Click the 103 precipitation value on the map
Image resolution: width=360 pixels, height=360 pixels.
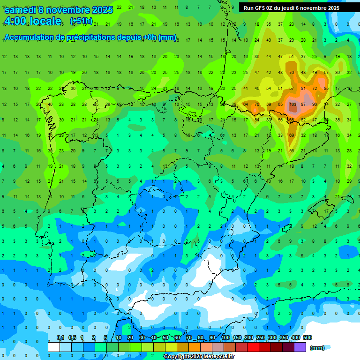click(x=292, y=104)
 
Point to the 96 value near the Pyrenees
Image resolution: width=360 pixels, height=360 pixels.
click(x=314, y=104)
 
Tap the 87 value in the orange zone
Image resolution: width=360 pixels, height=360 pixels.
click(x=303, y=104)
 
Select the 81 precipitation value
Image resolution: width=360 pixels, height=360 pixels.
click(x=303, y=88)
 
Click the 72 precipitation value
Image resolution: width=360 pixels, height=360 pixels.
click(x=315, y=88)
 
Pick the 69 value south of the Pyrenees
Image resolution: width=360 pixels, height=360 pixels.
click(x=292, y=135)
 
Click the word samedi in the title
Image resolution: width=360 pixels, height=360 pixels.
click(x=21, y=10)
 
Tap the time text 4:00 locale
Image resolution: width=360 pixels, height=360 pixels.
click(x=33, y=21)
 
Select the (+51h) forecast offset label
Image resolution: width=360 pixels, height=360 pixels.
click(x=81, y=21)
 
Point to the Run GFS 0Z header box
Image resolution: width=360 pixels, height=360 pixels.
click(x=291, y=8)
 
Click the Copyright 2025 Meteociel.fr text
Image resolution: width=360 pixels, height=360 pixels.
click(x=199, y=357)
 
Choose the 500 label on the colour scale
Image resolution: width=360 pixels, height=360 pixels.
click(x=307, y=337)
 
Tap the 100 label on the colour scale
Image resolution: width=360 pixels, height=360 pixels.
click(x=225, y=337)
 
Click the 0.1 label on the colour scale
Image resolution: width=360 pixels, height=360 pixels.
click(x=60, y=337)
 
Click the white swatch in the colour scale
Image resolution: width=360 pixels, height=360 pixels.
click(x=54, y=347)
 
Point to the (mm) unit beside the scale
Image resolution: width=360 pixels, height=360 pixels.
click(x=317, y=348)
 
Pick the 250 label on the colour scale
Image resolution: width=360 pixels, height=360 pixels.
click(x=260, y=337)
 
